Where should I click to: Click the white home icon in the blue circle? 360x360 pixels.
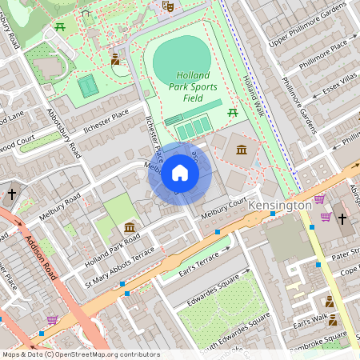(x=180, y=173)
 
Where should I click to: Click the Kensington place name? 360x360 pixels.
(x=279, y=206)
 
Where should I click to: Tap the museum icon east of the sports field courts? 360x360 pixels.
(x=241, y=149)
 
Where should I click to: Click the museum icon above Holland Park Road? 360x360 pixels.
(x=129, y=228)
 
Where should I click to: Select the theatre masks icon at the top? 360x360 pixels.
(x=167, y=6)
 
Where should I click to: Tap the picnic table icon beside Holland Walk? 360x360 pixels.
(x=233, y=111)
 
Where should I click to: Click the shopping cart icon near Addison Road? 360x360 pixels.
(x=52, y=320)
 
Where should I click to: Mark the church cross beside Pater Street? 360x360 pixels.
(x=342, y=218)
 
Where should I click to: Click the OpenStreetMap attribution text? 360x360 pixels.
(x=80, y=354)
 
